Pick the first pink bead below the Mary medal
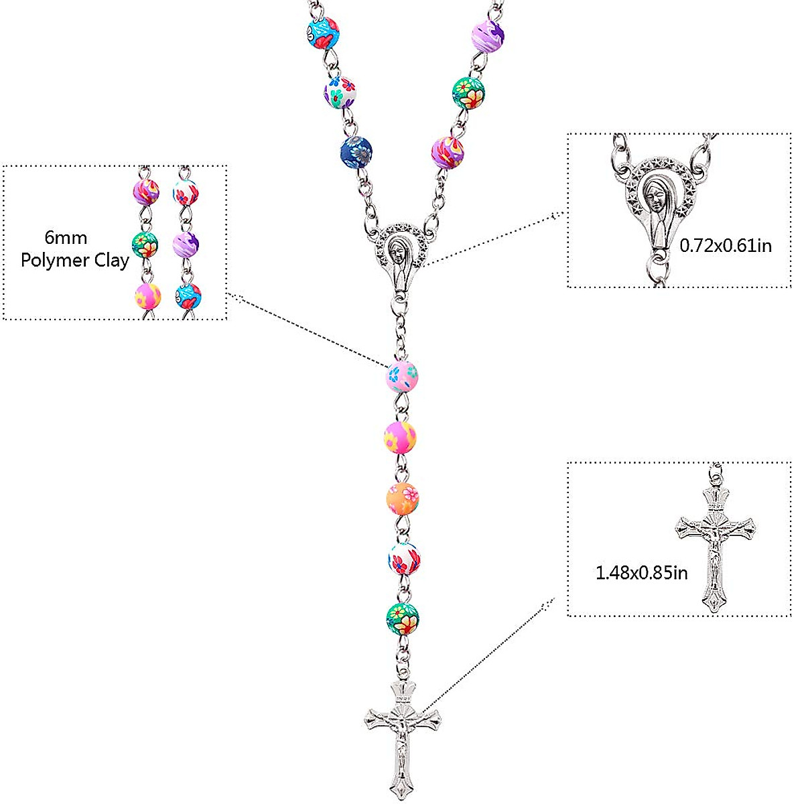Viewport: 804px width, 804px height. [x=402, y=377]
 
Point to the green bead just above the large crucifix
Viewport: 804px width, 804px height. [x=403, y=619]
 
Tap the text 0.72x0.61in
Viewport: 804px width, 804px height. [x=726, y=246]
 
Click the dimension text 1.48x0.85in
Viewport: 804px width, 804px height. [x=641, y=573]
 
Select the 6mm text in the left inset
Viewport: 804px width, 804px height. [x=66, y=238]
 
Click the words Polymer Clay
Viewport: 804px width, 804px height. [x=74, y=261]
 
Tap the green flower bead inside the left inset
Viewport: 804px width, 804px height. [x=145, y=245]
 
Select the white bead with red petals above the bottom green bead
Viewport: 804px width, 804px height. [x=404, y=558]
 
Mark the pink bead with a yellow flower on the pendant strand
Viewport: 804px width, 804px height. [x=400, y=438]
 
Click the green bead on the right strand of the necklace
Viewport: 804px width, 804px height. [x=468, y=93]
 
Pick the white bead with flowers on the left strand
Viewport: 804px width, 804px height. [x=340, y=92]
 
